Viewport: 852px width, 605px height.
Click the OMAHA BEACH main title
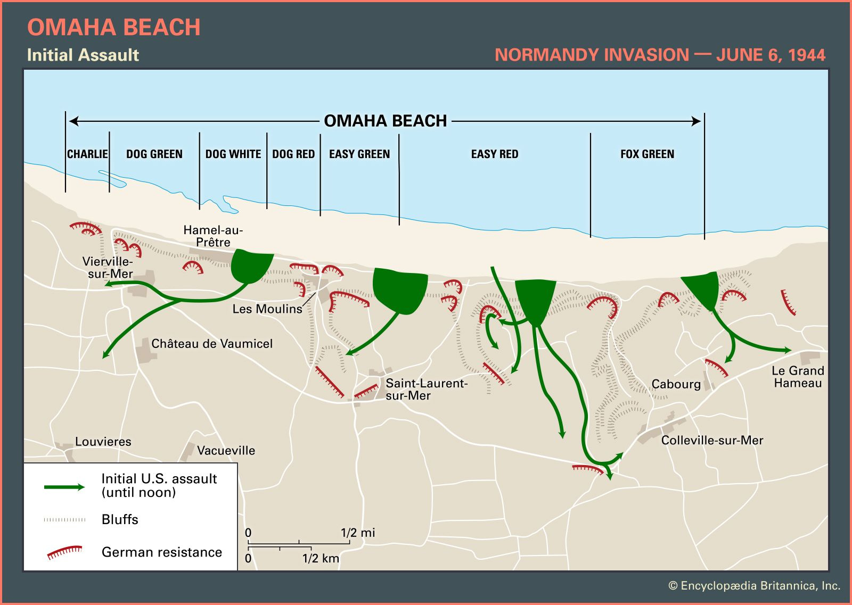click(x=113, y=28)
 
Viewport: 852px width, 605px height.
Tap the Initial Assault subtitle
click(x=83, y=55)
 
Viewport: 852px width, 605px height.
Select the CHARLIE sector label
click(x=87, y=154)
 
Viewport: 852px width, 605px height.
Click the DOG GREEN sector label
click(x=154, y=154)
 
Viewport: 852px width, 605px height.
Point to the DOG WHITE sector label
click(x=233, y=154)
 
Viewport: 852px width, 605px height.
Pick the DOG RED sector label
click(x=293, y=154)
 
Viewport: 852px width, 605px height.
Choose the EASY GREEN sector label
click(x=359, y=154)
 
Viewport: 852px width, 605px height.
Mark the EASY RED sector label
click(x=494, y=154)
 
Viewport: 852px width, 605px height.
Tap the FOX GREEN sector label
click(x=647, y=154)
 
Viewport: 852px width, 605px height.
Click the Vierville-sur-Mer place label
click(x=108, y=268)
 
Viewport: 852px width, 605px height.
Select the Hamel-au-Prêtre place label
click(x=213, y=236)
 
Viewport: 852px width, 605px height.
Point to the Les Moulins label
click(x=267, y=309)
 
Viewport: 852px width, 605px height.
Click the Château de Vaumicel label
click(x=212, y=344)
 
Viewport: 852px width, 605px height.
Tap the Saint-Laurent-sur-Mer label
click(x=426, y=389)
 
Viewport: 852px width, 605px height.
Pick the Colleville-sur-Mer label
click(x=712, y=441)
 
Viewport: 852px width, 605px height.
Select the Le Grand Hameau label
click(x=798, y=377)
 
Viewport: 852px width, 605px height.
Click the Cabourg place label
click(x=676, y=384)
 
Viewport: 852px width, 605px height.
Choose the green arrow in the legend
click(x=64, y=487)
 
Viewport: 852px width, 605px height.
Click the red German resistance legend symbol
click(x=64, y=553)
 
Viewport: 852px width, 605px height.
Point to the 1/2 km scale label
click(x=321, y=559)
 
